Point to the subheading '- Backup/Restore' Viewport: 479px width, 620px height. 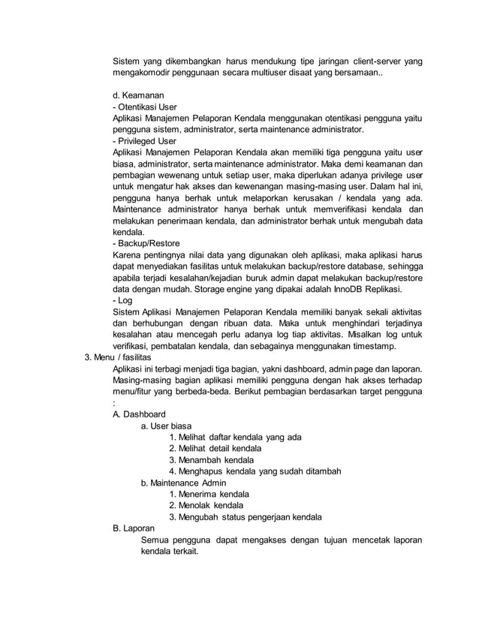click(148, 243)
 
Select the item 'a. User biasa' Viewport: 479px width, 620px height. click(166, 426)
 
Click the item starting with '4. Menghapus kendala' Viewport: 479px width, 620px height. click(255, 471)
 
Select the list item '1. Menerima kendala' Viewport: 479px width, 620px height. click(209, 494)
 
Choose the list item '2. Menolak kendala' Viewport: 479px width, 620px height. click(206, 505)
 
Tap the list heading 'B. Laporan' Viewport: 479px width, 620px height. click(133, 528)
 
